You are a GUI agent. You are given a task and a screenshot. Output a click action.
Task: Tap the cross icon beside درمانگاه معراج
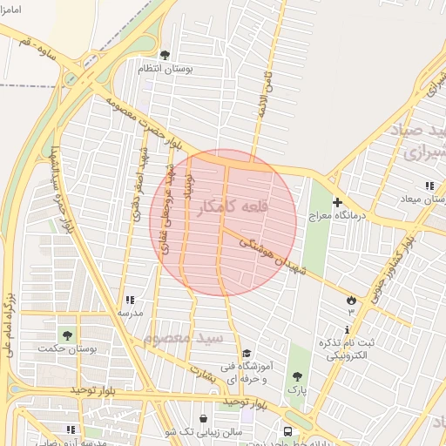point(337,202)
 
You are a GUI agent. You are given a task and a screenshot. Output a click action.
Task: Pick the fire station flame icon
point(351,299)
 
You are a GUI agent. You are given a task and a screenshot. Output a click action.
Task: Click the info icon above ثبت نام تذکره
point(349,329)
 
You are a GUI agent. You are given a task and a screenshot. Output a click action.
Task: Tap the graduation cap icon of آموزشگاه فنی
point(247,354)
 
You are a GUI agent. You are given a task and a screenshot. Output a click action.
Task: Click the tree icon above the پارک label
point(297,376)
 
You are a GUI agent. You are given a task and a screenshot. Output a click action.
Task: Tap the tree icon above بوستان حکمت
point(65,334)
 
